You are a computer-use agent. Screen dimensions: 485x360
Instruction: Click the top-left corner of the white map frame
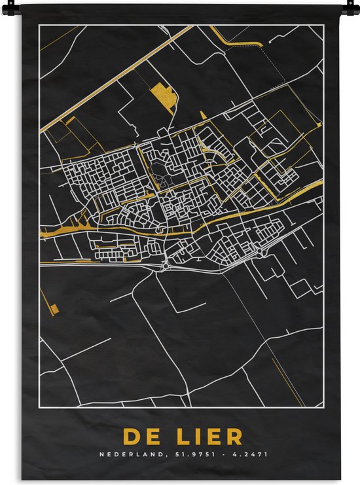[39, 25]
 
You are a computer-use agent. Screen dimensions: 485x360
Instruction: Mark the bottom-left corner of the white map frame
[39, 406]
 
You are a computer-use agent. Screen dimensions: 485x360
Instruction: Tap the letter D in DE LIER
[130, 437]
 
